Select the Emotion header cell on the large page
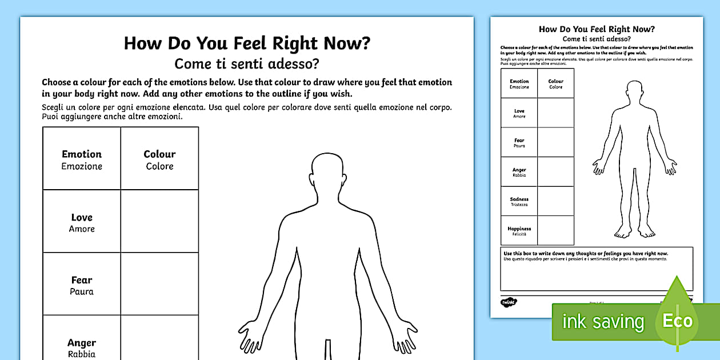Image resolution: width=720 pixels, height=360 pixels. (x=82, y=159)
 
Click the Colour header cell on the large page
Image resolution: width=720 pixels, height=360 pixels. (x=159, y=159)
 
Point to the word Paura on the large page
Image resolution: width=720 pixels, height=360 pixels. (x=82, y=291)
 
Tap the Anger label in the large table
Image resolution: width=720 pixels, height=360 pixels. (x=82, y=343)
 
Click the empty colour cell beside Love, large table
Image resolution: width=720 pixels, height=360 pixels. (x=159, y=221)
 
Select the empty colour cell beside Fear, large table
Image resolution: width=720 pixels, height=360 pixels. (x=159, y=284)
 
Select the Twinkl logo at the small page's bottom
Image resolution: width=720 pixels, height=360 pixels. (x=508, y=301)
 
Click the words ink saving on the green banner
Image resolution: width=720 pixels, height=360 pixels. (x=603, y=322)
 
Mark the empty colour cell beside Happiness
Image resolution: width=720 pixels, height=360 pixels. (x=555, y=231)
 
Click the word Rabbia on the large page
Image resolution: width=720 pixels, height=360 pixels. (x=82, y=354)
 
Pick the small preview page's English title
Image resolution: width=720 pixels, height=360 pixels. (x=597, y=29)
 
